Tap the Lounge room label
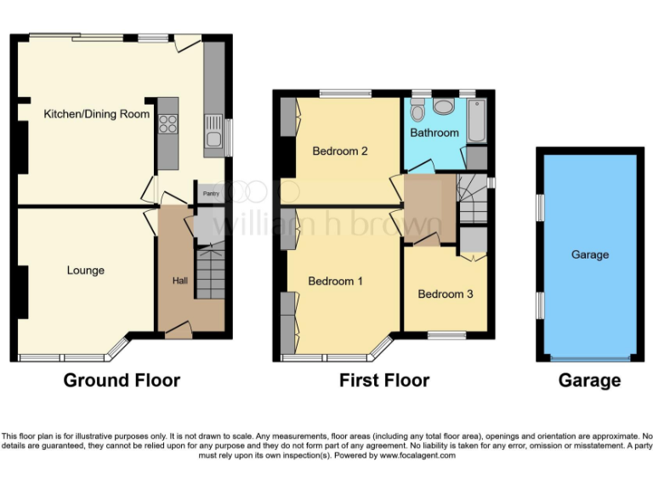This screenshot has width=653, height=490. coord(86,271)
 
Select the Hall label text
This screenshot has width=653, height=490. coord(180,281)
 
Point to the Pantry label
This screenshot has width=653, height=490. coord(209,193)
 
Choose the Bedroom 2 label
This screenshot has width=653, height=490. coord(340,151)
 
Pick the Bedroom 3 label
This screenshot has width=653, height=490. coord(446,294)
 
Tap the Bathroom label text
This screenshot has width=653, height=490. coord(434,133)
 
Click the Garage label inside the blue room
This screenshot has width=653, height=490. coord(589,254)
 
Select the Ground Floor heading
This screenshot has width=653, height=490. coord(122,380)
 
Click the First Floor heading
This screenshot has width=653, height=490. coord(384,380)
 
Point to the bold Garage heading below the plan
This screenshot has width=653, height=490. coord(589,380)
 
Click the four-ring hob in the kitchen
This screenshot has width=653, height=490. coord(168,123)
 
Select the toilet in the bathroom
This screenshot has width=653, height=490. coord(417,111)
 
